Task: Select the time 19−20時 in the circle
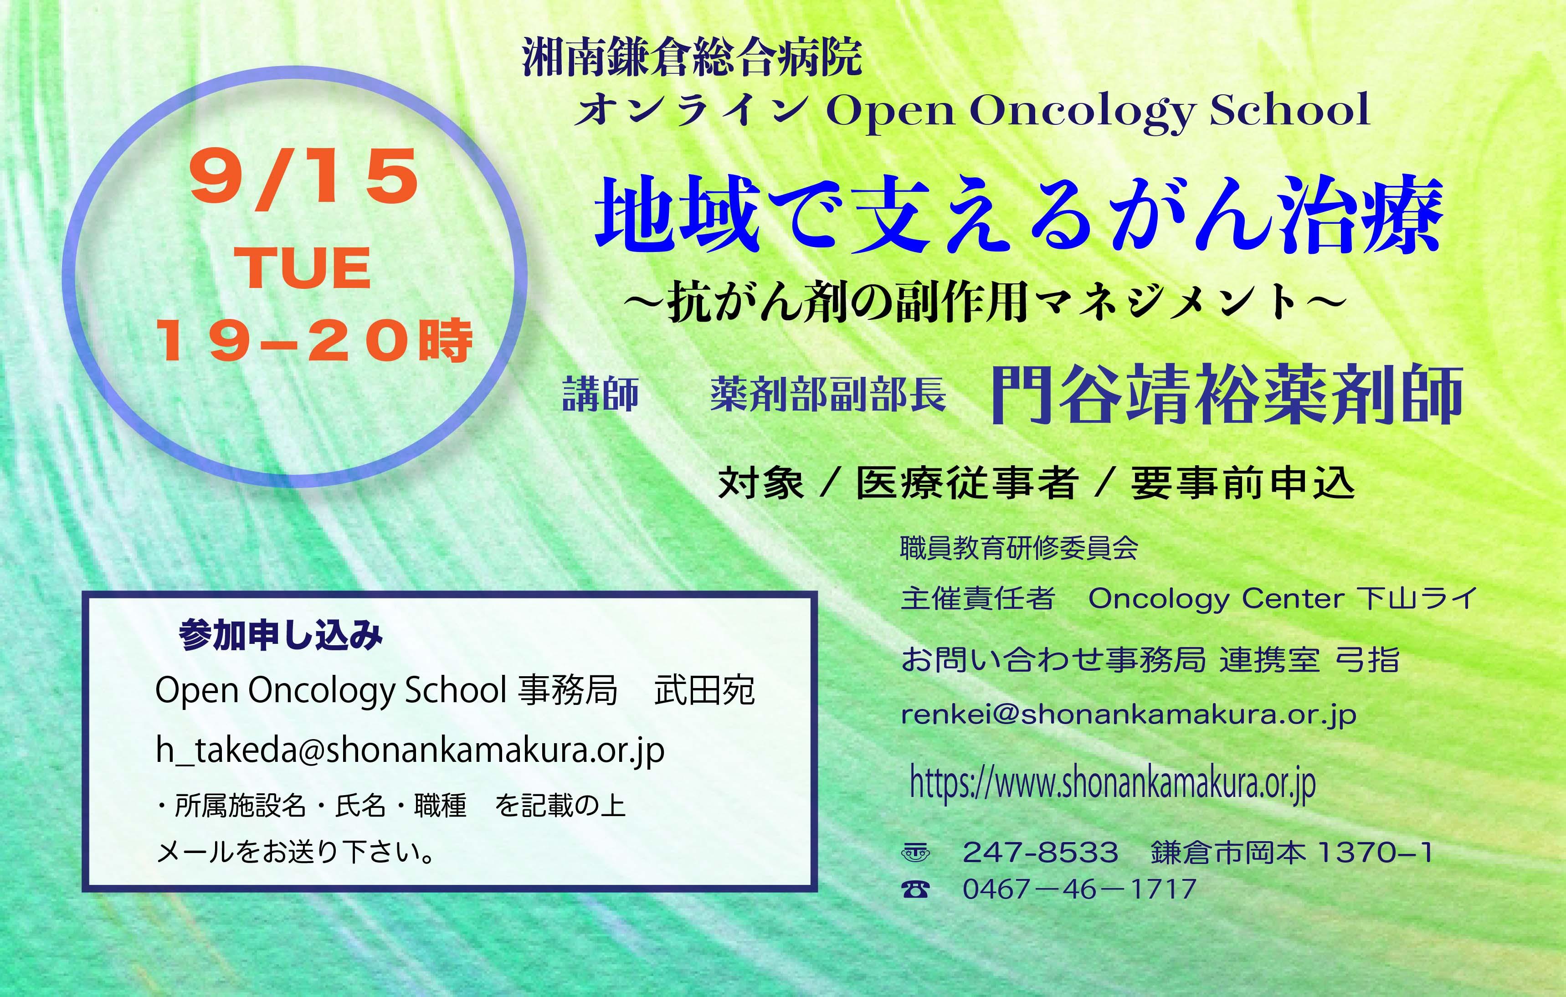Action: pos(314,340)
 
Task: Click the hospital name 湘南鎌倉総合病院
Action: pos(692,58)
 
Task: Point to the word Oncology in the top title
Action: pos(1082,112)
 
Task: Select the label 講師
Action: pos(600,395)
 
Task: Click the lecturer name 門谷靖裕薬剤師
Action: pos(1227,395)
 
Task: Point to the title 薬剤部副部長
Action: pos(828,395)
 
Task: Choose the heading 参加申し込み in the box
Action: pos(281,635)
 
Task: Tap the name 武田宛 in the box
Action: pos(704,690)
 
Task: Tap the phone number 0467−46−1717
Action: pos(1079,889)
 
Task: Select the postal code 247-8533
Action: pos(1041,852)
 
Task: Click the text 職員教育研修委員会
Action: pos(1019,548)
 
